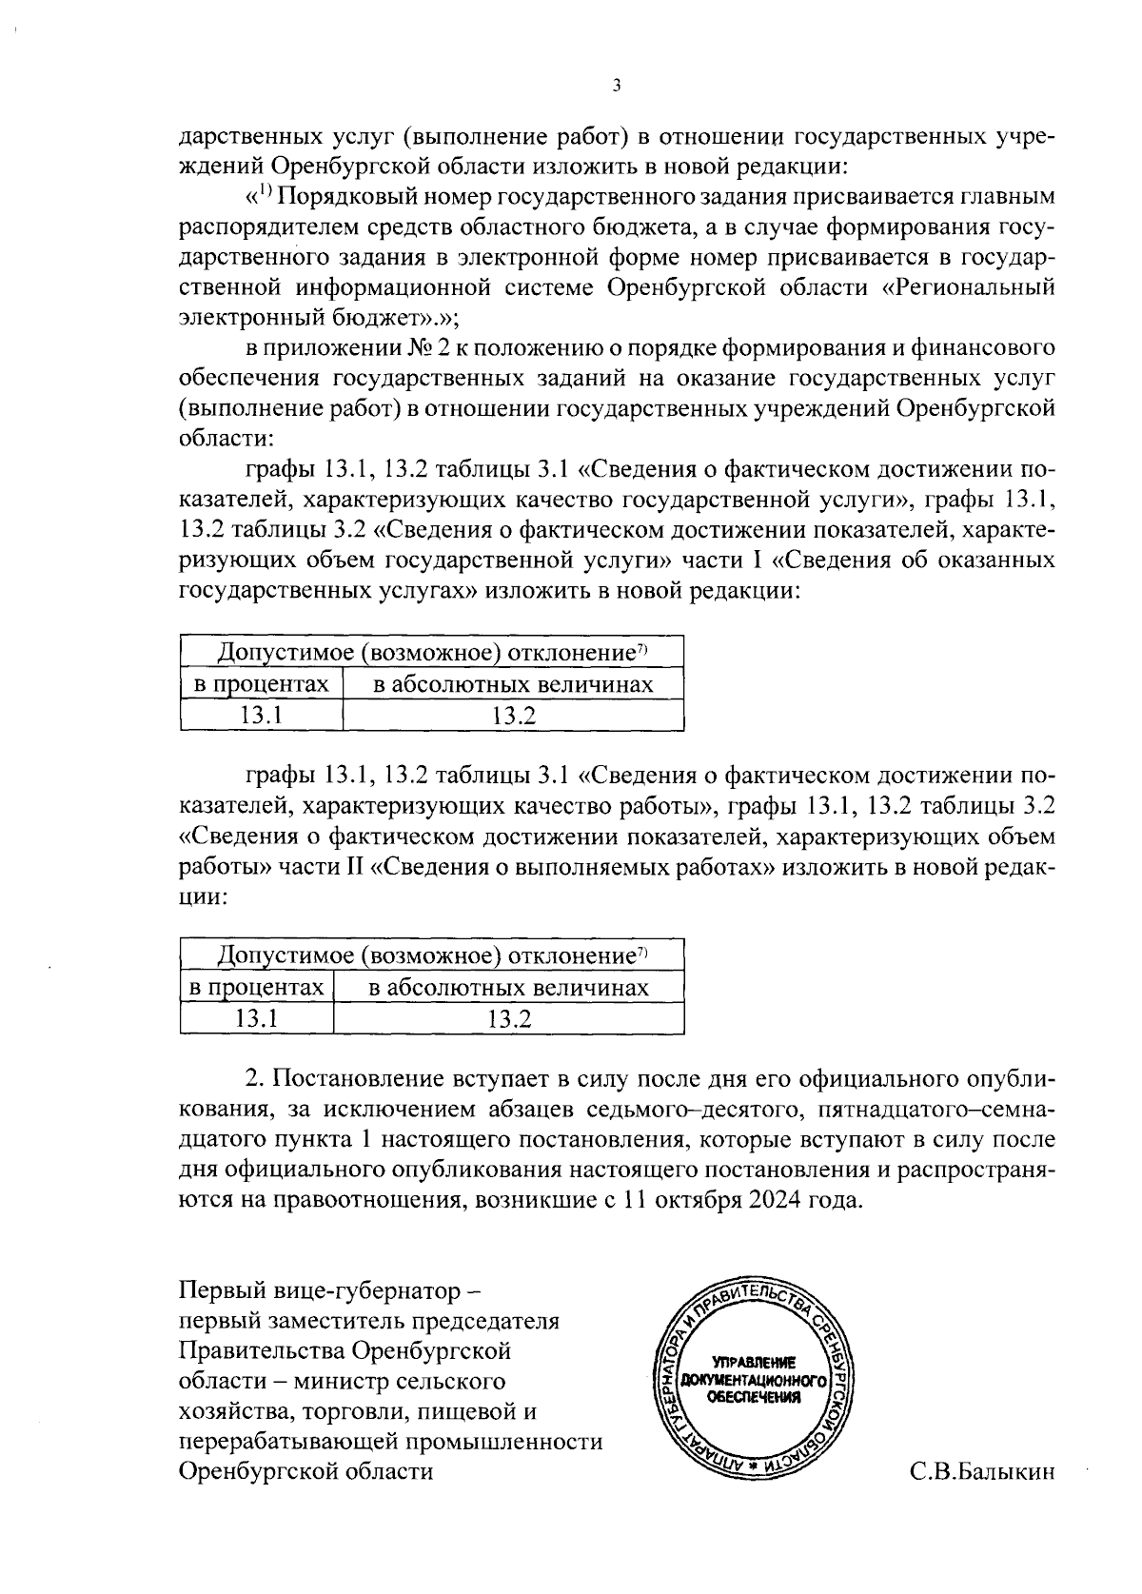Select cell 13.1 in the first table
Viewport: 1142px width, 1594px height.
261,715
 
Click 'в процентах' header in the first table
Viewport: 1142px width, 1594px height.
262,684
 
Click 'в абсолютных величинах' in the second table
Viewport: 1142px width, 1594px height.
509,988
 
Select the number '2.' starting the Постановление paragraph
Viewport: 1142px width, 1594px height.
255,1078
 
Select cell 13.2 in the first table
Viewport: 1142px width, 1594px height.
514,715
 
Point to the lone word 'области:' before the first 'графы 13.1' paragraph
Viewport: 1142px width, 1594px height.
226,439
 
